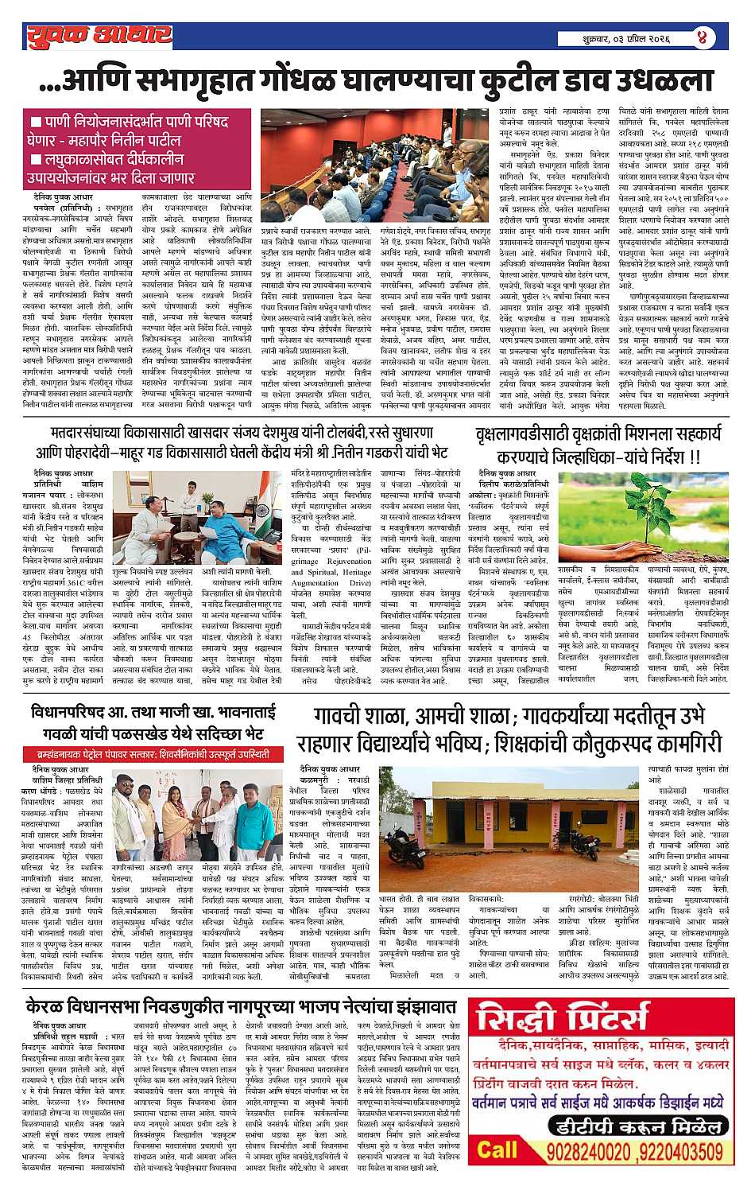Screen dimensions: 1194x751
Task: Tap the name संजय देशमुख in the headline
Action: point(308,434)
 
